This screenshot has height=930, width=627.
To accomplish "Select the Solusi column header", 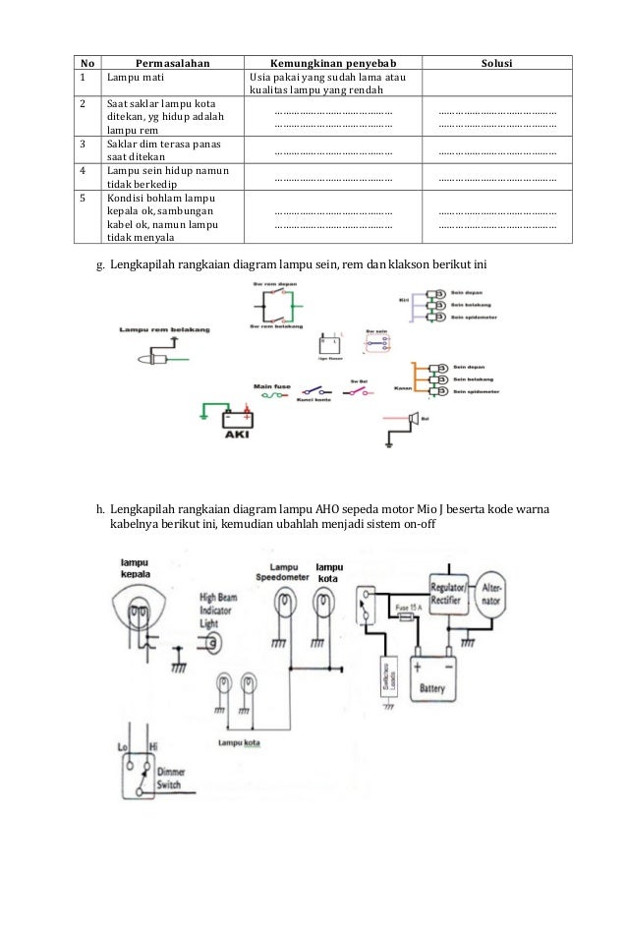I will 495,63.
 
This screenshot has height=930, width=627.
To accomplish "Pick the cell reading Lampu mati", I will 130,78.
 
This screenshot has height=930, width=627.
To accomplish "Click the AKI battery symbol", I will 236,422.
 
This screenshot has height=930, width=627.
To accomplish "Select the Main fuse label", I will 268,385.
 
